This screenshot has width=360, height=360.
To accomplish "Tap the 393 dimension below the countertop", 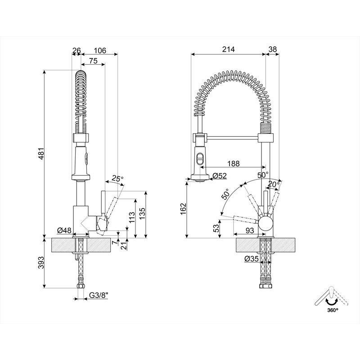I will pos(40,263).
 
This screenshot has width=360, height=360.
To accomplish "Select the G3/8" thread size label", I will pos(99,295).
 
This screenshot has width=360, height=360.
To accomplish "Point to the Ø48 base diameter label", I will pos(65,230).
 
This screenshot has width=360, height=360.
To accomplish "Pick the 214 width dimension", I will pos(228,50).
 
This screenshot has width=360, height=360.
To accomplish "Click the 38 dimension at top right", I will pos(272,50).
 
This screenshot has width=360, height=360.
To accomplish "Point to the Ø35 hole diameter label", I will pos(251,259).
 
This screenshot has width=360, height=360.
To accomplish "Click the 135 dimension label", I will pos(142,211).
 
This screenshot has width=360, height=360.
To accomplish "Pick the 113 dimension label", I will pos(131,218).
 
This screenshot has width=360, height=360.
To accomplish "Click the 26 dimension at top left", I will pos(76,50).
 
